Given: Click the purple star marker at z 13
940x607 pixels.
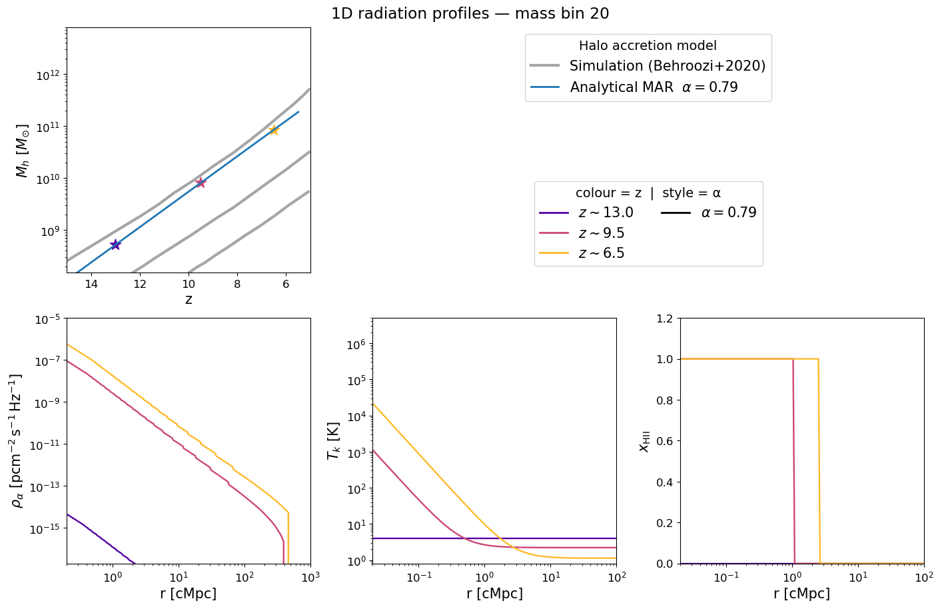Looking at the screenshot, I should point(115,245).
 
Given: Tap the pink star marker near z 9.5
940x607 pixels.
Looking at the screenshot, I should point(201,182).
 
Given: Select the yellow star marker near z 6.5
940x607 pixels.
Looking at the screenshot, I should point(274,130).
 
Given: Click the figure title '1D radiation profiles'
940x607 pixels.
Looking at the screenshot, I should point(470,13).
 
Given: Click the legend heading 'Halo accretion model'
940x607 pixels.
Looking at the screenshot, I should point(648,46).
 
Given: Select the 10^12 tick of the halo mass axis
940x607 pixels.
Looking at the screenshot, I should point(50,76).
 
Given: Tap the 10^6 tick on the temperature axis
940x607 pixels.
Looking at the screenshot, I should point(356,344).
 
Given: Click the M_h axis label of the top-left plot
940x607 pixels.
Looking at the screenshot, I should point(23,150).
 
